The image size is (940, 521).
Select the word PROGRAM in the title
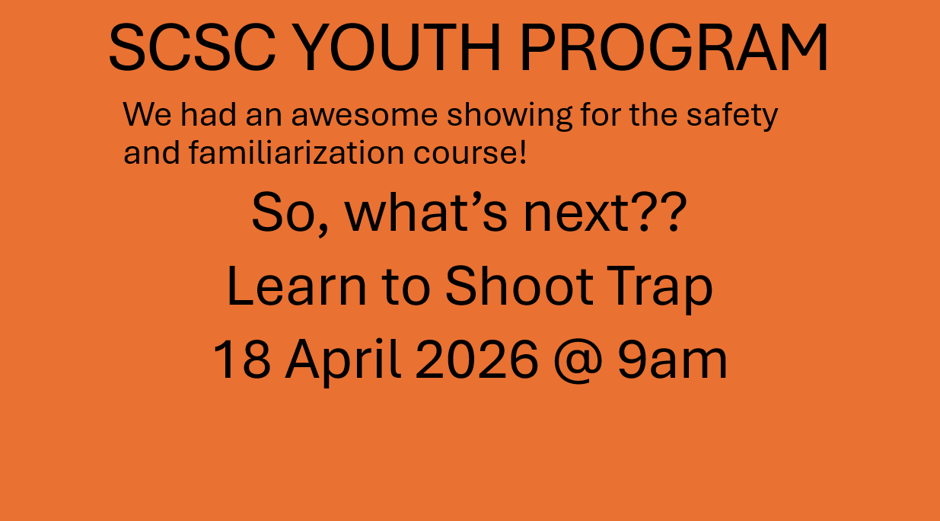point(674,48)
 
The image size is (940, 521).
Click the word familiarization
point(298,152)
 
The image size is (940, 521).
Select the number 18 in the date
point(241,360)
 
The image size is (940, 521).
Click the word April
point(343,361)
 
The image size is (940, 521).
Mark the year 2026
point(476,360)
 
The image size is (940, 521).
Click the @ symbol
point(577,361)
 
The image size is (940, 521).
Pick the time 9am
point(672,360)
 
